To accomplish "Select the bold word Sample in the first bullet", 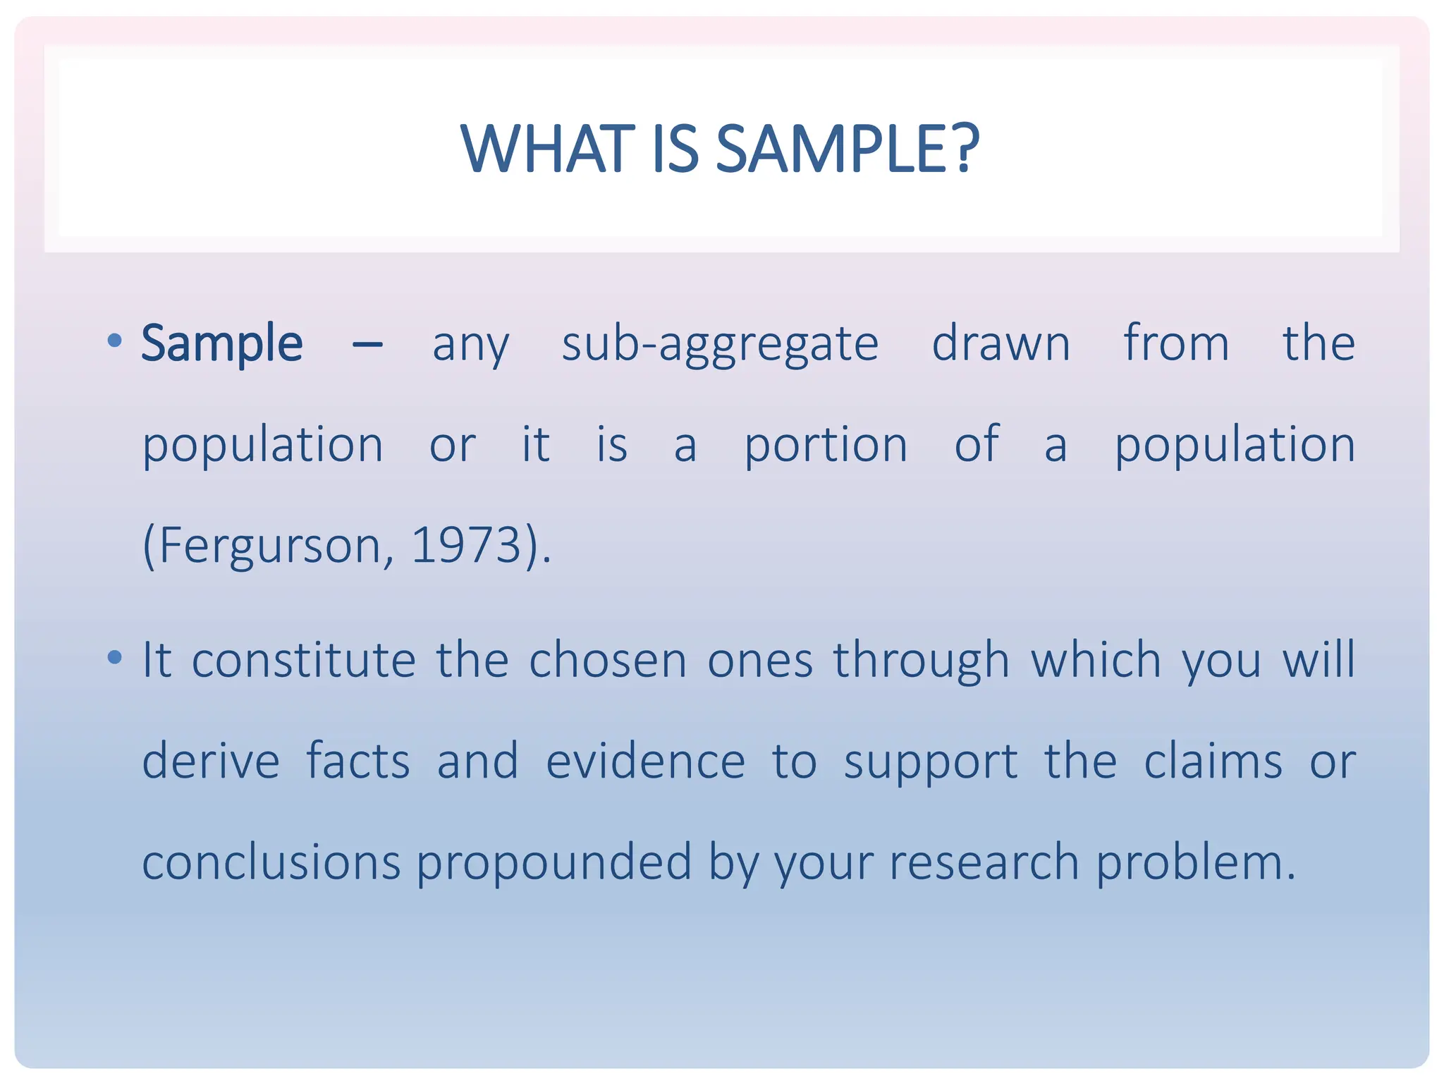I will point(222,343).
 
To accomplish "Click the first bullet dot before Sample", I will point(114,342).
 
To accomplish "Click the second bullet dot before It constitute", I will point(114,658).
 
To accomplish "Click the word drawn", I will point(1001,343).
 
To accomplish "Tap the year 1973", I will point(465,545).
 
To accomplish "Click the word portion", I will point(826,446).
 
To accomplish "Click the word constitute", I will point(304,660).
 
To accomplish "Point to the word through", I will point(922,661).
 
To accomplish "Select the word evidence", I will point(645,761).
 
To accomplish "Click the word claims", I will point(1213,761).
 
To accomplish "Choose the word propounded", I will point(554,863).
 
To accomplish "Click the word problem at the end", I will point(1195,863).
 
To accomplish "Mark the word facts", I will point(358,761).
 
